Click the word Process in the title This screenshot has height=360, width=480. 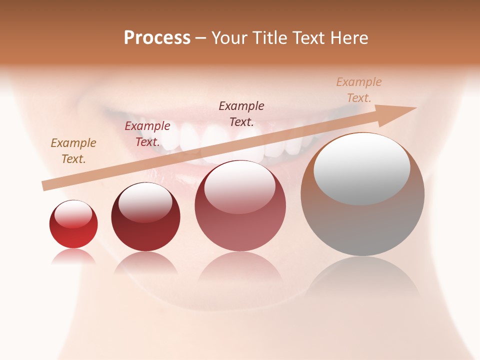coord(157,38)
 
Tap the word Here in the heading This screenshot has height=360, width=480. coord(348,38)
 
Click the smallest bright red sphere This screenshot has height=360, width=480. coord(73,224)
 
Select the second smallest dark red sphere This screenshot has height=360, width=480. coord(145,217)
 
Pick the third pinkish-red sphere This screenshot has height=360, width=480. coord(240,206)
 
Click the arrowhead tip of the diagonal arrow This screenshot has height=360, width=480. coord(415,108)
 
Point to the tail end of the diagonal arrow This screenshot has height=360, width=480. coord(44,186)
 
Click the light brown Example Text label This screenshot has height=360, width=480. coord(73,151)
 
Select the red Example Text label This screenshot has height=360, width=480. coord(147,134)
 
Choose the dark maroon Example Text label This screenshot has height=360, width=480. coord(241,113)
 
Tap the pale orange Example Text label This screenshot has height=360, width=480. coord(359,90)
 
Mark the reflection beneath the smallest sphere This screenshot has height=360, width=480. coord(73,256)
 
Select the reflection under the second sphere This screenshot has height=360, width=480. coord(145,262)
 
